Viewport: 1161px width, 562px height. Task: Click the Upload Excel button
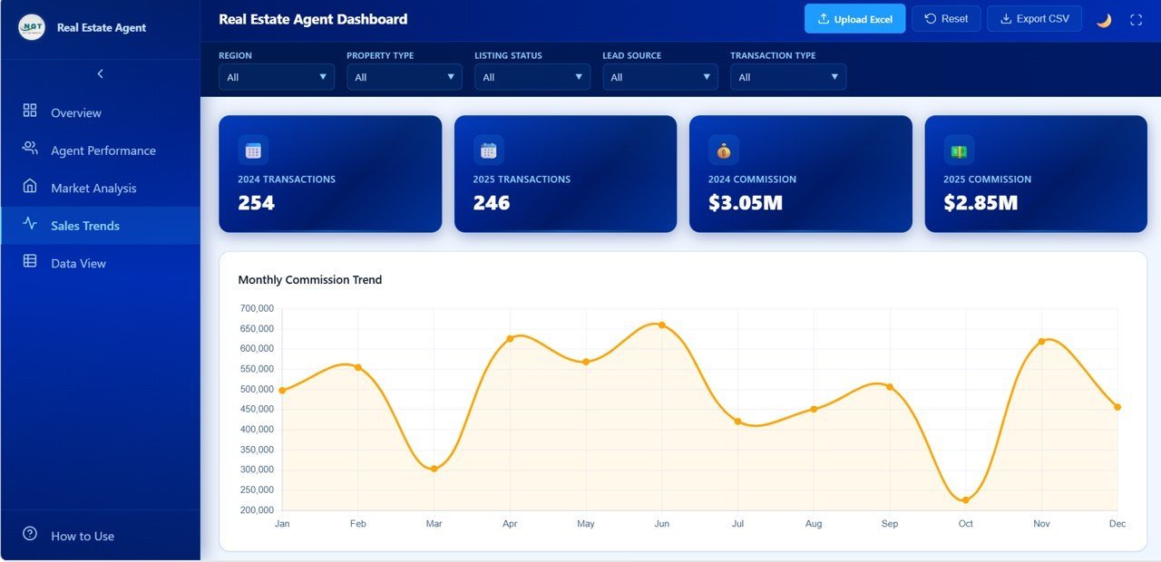coord(854,19)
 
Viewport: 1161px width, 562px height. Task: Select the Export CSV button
coord(1034,19)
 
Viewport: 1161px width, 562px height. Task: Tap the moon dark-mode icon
coord(1104,20)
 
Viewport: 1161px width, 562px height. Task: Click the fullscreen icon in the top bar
coord(1136,20)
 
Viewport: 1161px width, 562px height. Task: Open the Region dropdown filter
coord(276,77)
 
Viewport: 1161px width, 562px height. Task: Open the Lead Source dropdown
coord(659,77)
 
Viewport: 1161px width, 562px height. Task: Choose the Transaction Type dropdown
coord(787,77)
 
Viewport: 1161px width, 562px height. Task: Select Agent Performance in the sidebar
coord(102,150)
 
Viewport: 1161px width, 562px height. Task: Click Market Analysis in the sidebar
coord(93,189)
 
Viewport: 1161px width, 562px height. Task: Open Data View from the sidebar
coord(78,264)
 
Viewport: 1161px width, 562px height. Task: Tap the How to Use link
coord(82,536)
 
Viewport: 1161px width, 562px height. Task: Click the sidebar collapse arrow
coord(100,74)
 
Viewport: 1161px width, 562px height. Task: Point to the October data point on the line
coord(965,500)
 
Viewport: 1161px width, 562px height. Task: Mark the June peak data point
coord(661,325)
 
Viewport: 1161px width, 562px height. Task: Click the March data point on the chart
coord(434,469)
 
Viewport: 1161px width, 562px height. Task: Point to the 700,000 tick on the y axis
coord(257,308)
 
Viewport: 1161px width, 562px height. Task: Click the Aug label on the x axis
coord(814,524)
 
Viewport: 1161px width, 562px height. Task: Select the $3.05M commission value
coord(745,203)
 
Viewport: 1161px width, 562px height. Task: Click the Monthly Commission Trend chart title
coord(309,280)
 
